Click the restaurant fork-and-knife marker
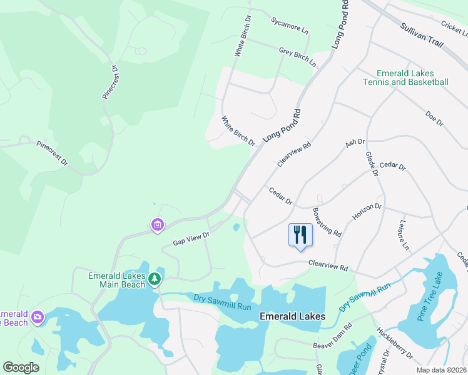300,235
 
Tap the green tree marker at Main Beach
155,279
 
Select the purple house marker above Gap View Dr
157,224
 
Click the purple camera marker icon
38,318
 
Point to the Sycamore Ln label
290,25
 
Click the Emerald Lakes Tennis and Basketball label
405,77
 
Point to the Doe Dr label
434,118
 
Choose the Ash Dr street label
355,144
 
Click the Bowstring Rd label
326,222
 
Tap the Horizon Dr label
367,211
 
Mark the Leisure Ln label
403,234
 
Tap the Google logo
21,367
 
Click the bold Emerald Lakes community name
292,316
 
